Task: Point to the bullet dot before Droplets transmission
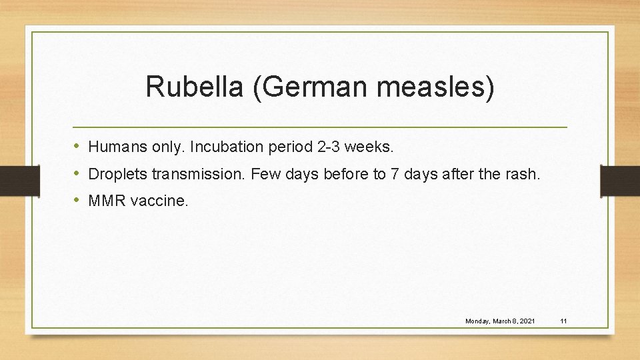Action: (77, 174)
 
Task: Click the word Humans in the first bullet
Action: (114, 145)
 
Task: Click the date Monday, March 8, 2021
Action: (500, 321)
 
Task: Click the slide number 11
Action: (563, 321)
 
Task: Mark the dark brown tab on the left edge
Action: (11, 181)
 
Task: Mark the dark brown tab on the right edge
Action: (619, 181)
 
